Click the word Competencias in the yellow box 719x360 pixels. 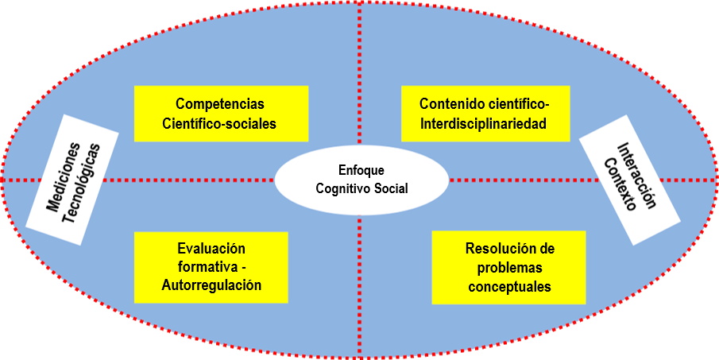[x=220, y=104]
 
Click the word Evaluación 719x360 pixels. [x=211, y=249]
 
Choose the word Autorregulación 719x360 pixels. [x=211, y=285]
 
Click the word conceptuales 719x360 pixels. [x=509, y=287]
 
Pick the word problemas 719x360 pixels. [x=509, y=268]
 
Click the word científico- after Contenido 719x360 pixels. [x=518, y=104]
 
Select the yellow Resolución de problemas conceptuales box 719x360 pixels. [x=509, y=268]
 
